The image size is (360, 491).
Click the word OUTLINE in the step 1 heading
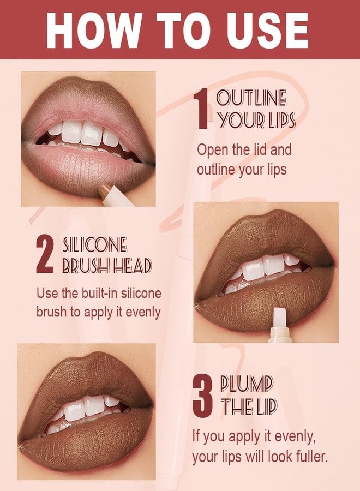point(251,99)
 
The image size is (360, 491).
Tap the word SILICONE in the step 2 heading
point(95,244)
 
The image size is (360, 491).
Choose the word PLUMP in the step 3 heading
point(246,384)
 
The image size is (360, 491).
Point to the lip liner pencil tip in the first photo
point(105,191)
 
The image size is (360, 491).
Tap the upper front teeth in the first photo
point(82,132)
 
